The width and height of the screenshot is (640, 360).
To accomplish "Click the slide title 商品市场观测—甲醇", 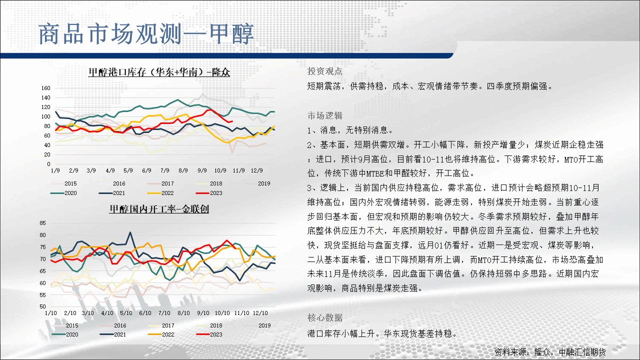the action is click(x=146, y=34).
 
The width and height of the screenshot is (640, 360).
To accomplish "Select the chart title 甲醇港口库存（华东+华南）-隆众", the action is click(x=159, y=72).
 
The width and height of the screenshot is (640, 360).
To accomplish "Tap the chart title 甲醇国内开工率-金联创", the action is click(x=159, y=209).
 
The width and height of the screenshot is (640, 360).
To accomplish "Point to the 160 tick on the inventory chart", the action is click(x=45, y=88).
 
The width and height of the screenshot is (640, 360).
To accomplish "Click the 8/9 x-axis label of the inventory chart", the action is click(x=183, y=170).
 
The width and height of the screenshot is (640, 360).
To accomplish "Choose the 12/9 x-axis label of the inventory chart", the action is click(x=256, y=170).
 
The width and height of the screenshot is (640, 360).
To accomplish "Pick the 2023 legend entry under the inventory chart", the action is click(x=209, y=193).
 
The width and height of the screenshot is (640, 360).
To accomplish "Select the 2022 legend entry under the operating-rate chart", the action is click(x=161, y=334).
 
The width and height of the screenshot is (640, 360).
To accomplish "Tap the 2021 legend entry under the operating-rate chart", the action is click(x=113, y=334).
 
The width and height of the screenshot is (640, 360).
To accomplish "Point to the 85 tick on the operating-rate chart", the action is click(x=42, y=223).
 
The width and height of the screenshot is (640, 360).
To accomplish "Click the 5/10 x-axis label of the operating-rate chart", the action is click(x=126, y=313).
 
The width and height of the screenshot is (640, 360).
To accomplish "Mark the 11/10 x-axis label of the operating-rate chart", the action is click(x=241, y=313).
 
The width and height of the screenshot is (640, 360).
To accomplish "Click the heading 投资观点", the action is click(x=325, y=71).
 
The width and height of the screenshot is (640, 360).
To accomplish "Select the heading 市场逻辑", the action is click(x=325, y=115).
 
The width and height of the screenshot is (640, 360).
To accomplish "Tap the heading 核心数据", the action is click(x=325, y=317).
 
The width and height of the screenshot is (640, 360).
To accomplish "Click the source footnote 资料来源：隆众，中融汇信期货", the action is click(x=549, y=352).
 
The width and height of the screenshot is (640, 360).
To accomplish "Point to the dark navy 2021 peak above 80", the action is click(x=130, y=232).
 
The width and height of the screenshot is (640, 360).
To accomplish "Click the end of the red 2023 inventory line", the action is click(x=232, y=121).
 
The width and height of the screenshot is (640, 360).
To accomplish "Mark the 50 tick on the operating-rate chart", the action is click(x=42, y=306).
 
